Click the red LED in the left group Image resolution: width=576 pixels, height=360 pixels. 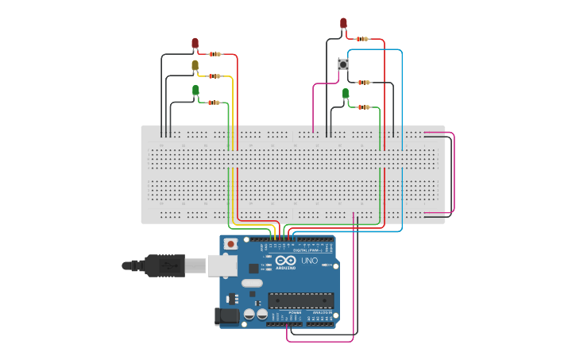tap(195, 44)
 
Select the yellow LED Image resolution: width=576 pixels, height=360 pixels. tap(195, 65)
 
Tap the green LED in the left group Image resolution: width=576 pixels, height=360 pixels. tap(195, 90)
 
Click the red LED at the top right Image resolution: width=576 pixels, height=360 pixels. tap(343, 24)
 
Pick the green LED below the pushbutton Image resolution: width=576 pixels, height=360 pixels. tap(346, 94)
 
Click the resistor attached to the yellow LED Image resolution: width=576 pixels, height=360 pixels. tap(214, 76)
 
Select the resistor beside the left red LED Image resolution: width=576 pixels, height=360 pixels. tap(214, 54)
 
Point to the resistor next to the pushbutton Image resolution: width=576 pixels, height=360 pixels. tap(363, 83)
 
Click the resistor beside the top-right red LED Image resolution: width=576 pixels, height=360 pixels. tap(362, 38)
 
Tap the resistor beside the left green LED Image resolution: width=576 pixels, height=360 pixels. tap(214, 103)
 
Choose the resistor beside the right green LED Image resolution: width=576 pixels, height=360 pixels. tap(363, 106)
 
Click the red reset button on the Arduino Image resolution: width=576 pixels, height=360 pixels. tap(230, 244)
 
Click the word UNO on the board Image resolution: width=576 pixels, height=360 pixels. tap(308, 261)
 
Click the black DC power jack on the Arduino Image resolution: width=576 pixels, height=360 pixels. tap(226, 316)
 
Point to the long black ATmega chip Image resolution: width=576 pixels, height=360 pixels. tap(300, 300)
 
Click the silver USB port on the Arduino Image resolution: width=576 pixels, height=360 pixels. tap(222, 265)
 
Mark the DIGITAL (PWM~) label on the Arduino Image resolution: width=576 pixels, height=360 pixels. tap(305, 250)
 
